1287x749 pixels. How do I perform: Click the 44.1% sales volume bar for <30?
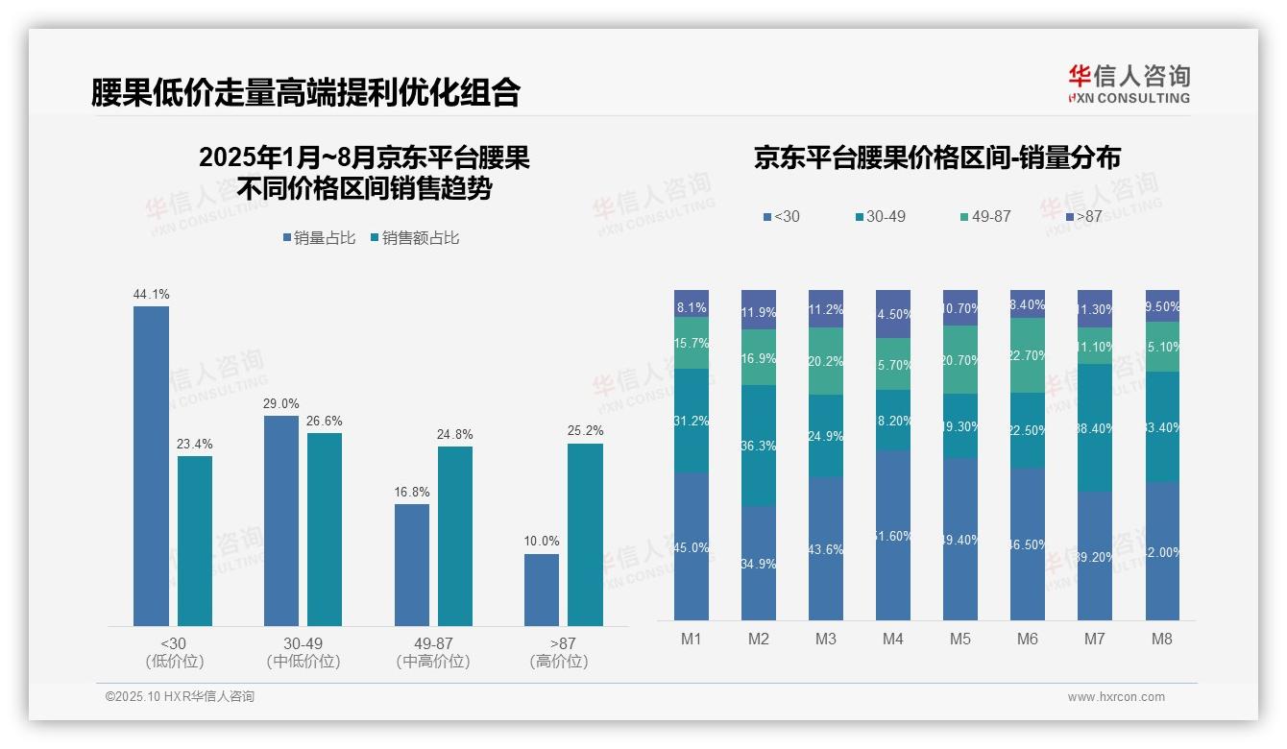[151, 466]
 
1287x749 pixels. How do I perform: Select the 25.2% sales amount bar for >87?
[585, 534]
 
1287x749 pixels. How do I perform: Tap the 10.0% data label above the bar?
[542, 542]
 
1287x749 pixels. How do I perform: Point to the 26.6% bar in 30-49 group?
[325, 529]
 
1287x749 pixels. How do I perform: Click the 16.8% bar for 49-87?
[411, 565]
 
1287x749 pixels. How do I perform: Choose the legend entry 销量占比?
[319, 238]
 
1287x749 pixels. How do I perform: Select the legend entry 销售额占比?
[414, 238]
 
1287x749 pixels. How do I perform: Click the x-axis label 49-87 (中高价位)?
[432, 652]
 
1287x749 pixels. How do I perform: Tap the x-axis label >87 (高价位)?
[559, 652]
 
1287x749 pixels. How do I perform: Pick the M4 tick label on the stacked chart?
[893, 639]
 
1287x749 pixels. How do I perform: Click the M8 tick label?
[1162, 639]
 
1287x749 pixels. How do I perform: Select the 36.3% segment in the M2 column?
[759, 446]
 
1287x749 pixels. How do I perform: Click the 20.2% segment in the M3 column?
[826, 362]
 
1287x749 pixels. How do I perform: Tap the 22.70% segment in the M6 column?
[1028, 354]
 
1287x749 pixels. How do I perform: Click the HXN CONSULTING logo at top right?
[1129, 85]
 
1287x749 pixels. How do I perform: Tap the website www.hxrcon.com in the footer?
[1115, 697]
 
